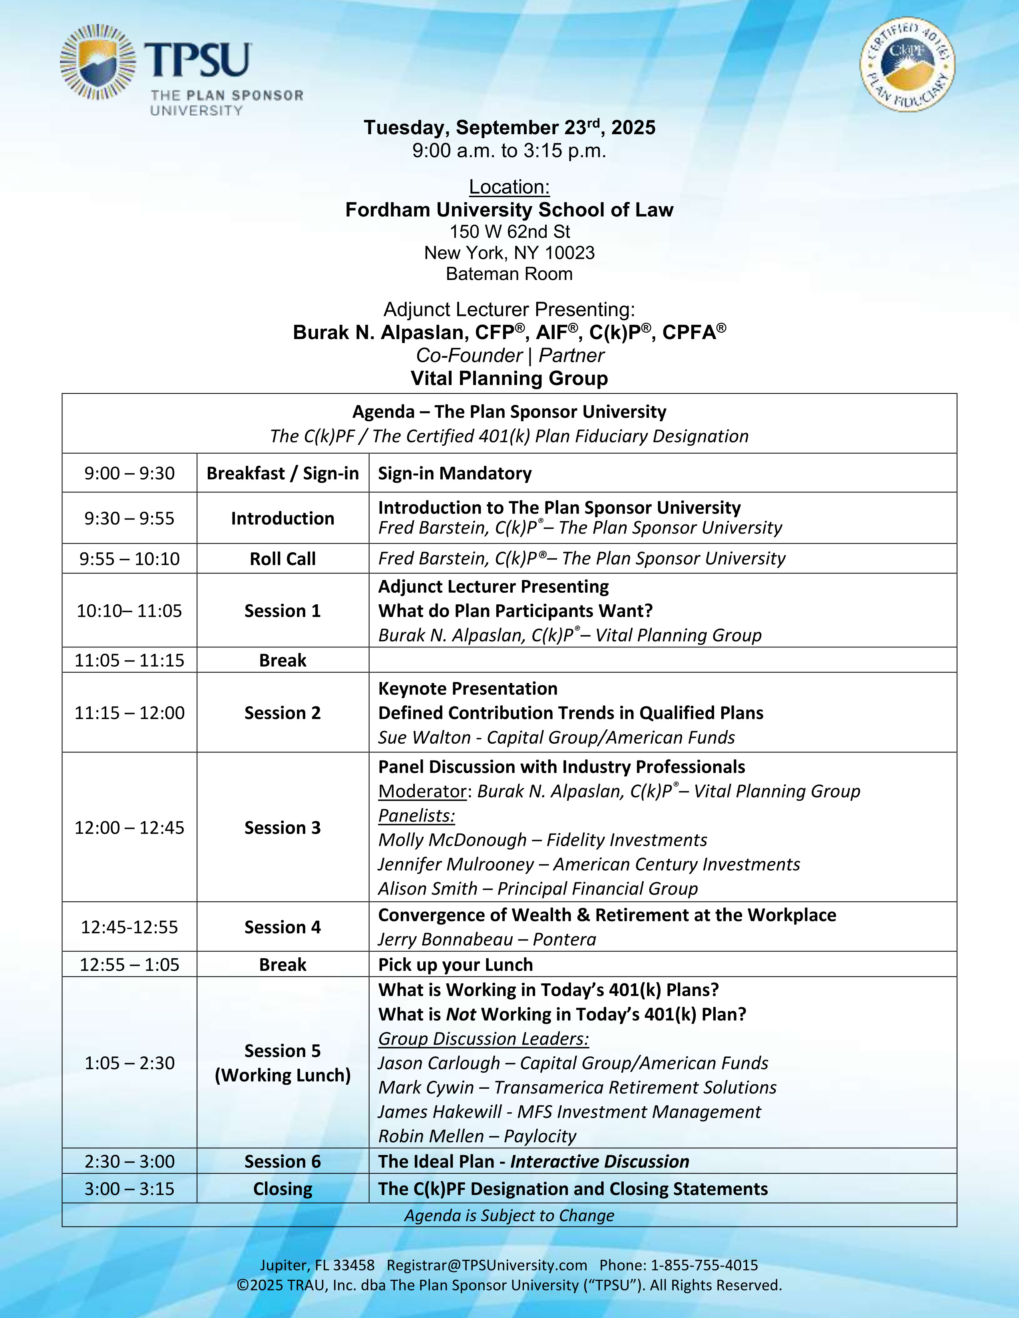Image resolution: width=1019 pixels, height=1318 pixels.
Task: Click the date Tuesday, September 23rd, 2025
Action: (509, 127)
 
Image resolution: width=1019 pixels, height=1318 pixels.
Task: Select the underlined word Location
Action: (509, 187)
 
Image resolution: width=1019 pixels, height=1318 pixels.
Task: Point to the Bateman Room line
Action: (509, 274)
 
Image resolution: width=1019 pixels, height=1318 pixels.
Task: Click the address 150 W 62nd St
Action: (509, 232)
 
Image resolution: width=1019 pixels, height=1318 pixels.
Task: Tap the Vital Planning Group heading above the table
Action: (509, 378)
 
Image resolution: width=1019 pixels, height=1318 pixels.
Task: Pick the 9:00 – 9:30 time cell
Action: (129, 473)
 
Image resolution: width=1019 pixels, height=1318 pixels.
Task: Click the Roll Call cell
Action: (283, 559)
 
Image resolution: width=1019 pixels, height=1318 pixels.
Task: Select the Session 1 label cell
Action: (283, 611)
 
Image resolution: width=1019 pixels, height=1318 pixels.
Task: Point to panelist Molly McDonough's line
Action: (542, 840)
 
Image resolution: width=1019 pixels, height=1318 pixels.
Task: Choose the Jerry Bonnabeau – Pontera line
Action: (487, 940)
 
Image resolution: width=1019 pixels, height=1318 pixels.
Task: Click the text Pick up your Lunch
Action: (455, 965)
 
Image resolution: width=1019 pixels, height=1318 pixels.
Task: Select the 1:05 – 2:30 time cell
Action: (129, 1063)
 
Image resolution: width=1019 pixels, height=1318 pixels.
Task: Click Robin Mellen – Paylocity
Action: (477, 1136)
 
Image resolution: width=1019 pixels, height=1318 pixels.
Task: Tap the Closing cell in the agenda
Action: (283, 1189)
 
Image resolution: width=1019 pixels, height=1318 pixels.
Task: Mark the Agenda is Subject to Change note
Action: (509, 1215)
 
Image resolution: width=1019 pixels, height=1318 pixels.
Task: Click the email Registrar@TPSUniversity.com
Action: (487, 1266)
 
